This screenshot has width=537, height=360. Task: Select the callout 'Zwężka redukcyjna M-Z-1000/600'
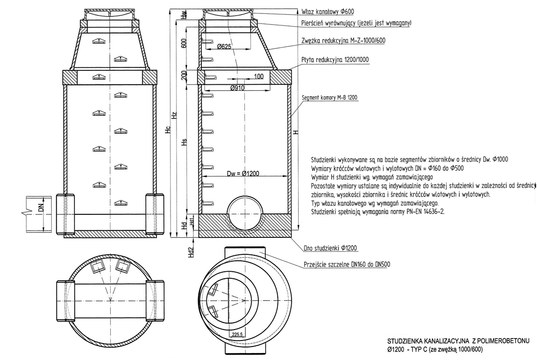tap(344, 40)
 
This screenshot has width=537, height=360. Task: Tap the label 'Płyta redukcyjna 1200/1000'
tap(335, 59)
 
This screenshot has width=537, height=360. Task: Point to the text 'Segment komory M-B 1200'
tap(331, 97)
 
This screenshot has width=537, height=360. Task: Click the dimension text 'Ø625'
tap(224, 47)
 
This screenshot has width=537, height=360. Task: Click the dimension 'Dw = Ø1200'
tap(244, 174)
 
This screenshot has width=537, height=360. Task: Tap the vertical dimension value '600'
tap(183, 43)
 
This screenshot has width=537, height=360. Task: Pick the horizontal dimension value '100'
tap(258, 76)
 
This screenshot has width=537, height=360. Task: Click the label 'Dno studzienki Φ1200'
tap(330, 248)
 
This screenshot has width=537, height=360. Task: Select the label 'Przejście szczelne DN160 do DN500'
tap(347, 265)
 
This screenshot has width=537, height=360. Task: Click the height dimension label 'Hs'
tap(183, 142)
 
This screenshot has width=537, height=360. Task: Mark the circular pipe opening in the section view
tap(244, 212)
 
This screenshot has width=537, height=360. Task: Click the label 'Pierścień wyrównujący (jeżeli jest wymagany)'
tap(356, 23)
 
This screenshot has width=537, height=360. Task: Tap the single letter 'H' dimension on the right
tap(296, 132)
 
